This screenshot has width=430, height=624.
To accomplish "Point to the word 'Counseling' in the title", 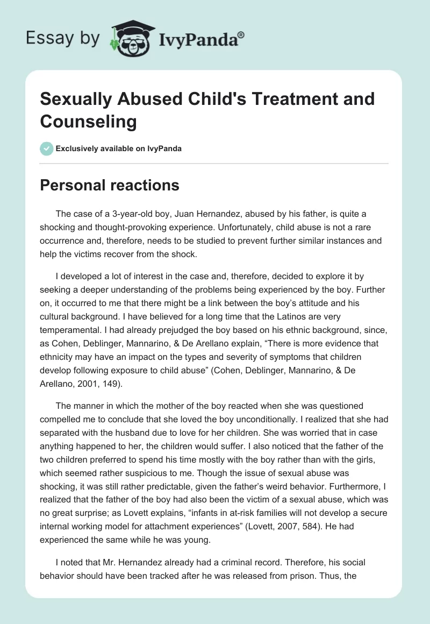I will pos(89,121).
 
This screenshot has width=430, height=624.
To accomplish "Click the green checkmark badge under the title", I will pos(47,148).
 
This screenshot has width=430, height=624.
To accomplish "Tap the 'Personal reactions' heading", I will pos(110,185).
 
